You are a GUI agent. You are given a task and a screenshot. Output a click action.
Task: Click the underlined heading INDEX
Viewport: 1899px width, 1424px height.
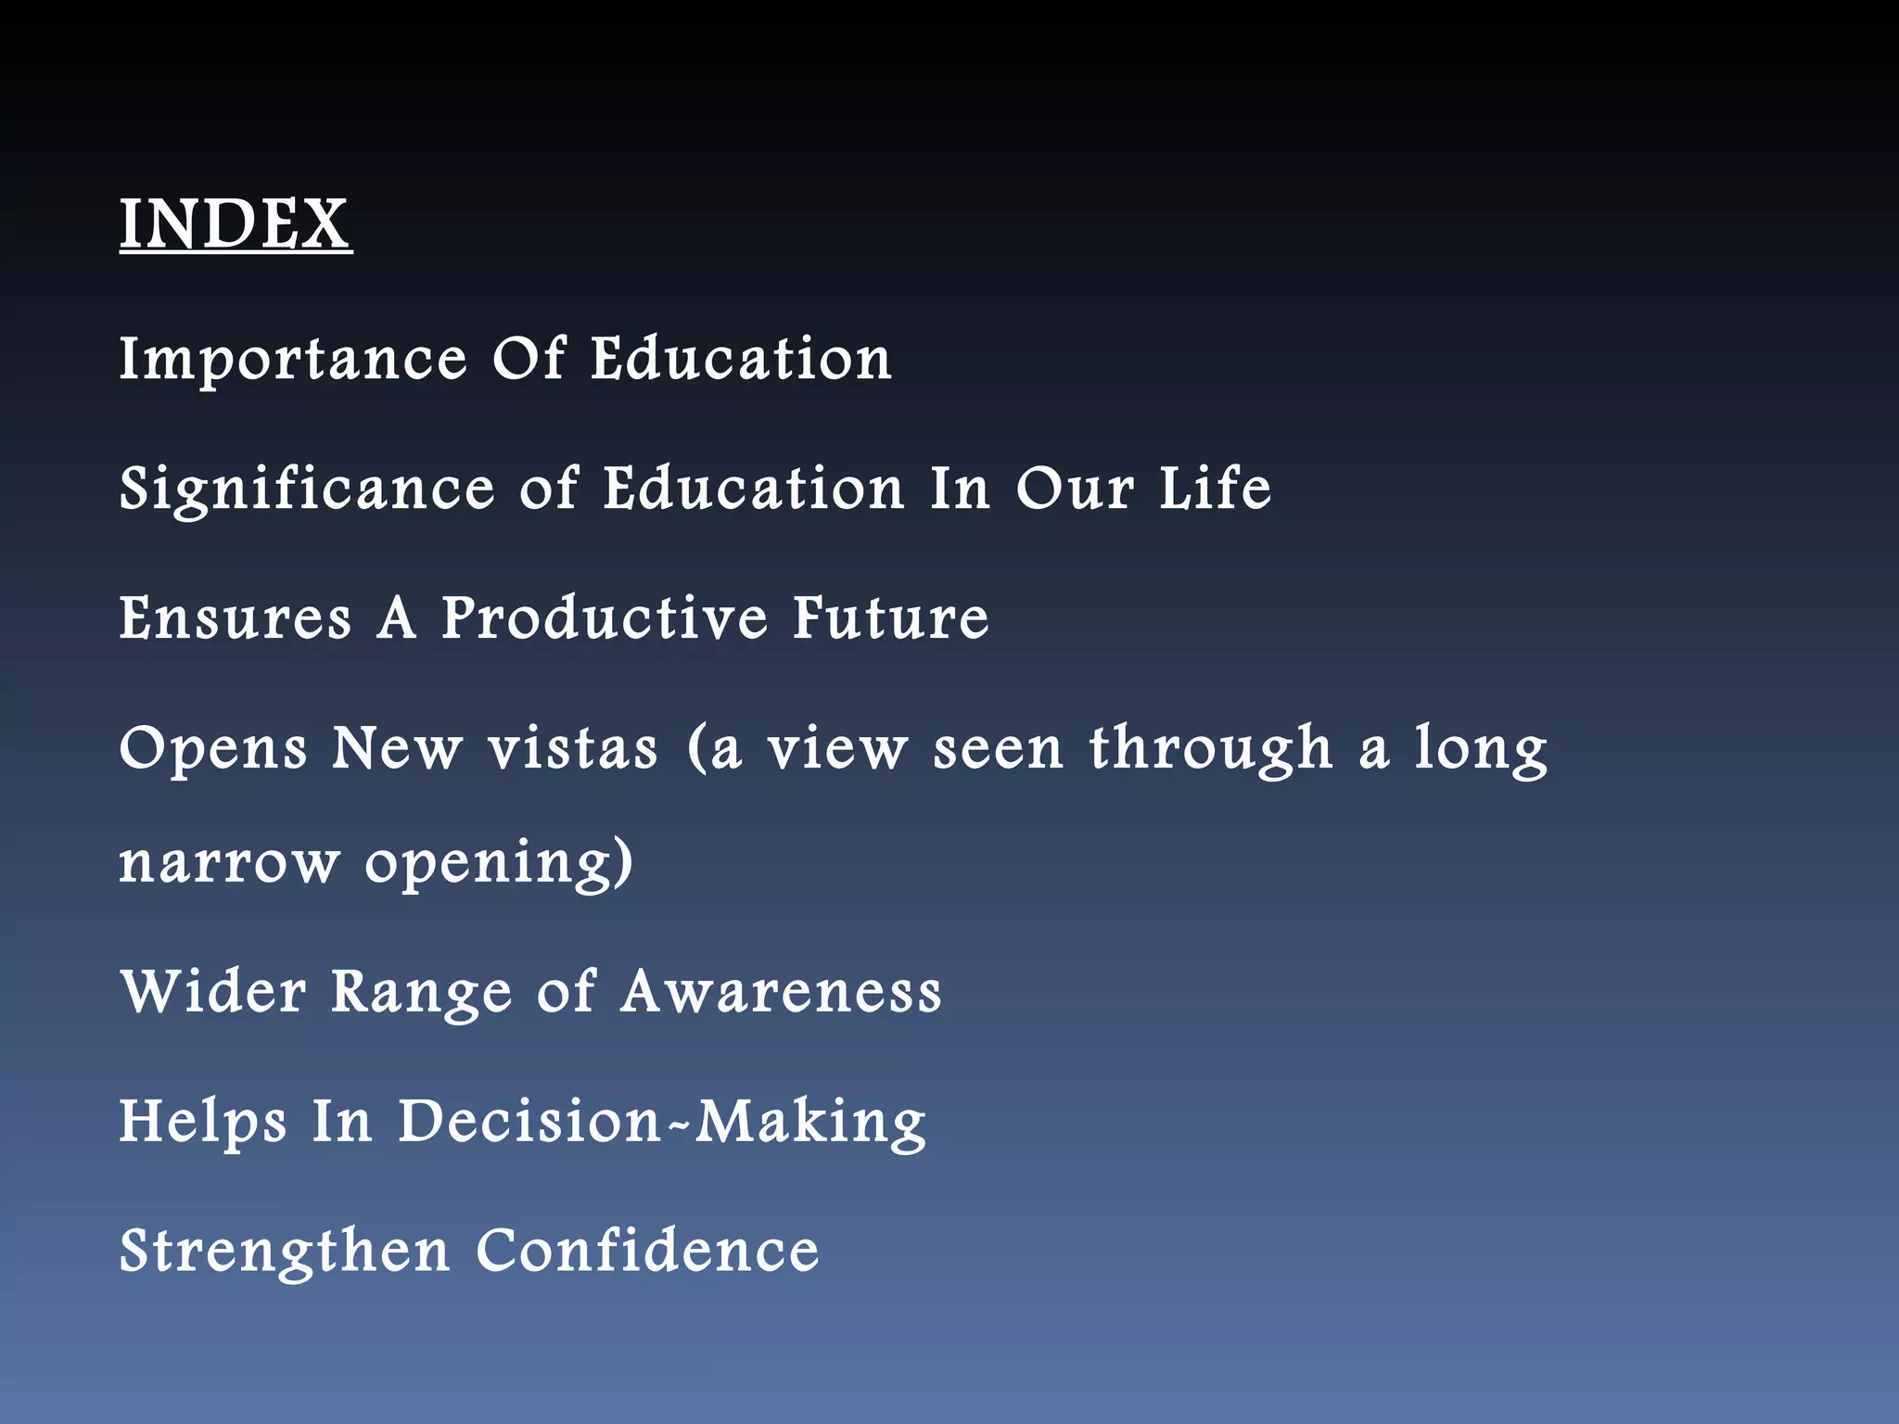click(236, 224)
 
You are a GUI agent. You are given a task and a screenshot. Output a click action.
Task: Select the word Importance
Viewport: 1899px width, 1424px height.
click(293, 361)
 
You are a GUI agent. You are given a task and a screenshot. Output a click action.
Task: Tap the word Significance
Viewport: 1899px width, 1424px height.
click(307, 490)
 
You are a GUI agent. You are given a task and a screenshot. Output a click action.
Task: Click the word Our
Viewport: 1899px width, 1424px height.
click(1075, 489)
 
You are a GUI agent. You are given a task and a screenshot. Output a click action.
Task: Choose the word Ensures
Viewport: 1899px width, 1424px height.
click(236, 618)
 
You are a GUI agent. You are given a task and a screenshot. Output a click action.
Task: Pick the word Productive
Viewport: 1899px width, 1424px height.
click(605, 618)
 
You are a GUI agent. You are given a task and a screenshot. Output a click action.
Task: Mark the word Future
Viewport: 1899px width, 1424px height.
click(891, 618)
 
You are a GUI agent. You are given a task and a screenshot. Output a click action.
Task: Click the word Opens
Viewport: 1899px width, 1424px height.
click(213, 750)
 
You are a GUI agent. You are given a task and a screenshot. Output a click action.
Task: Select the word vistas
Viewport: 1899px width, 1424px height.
click(573, 748)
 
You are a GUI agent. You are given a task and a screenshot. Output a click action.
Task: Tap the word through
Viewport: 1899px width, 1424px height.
click(1211, 750)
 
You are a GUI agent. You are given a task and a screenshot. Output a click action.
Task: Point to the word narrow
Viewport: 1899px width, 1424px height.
click(229, 863)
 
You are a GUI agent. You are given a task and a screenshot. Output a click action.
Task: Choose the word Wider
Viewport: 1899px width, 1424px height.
click(213, 991)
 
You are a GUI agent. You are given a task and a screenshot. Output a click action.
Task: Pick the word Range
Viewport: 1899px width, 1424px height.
click(422, 993)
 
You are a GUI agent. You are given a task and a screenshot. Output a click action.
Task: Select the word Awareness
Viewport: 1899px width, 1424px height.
click(781, 991)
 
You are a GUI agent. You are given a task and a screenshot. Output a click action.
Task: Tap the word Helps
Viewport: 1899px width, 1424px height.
click(203, 1123)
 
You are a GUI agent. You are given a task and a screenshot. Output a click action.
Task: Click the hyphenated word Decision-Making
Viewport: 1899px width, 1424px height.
click(662, 1123)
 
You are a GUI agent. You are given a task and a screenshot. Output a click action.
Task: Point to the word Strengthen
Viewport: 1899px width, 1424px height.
click(285, 1252)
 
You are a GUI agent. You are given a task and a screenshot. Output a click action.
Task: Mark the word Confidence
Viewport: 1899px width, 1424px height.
click(647, 1251)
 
